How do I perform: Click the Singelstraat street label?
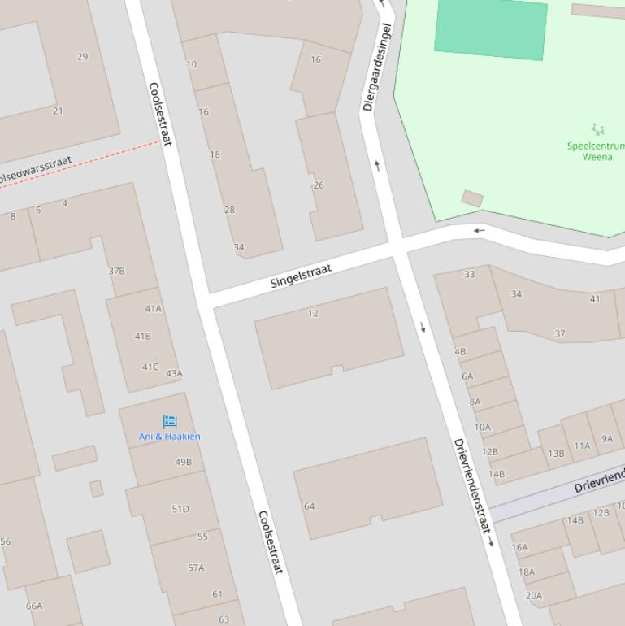coord(301,275)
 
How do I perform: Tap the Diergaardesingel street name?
coord(378,67)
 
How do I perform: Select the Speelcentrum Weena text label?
coord(597,151)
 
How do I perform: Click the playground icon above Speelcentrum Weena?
coord(598,129)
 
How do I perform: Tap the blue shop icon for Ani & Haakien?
coord(170,421)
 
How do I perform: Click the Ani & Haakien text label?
coord(169,437)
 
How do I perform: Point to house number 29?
coord(82,57)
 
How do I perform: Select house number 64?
coord(309,506)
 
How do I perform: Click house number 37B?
coord(117,272)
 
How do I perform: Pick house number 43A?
coord(174,374)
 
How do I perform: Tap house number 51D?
coord(180,510)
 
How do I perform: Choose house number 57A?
coord(196,568)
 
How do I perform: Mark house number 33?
coord(469,275)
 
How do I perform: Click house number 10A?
coord(483,427)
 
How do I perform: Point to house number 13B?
coord(556,454)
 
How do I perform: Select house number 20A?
coord(533,596)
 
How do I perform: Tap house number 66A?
coord(34,606)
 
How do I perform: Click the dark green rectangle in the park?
coord(490,29)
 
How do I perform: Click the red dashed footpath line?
coord(81,164)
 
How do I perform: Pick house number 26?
coord(319,185)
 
